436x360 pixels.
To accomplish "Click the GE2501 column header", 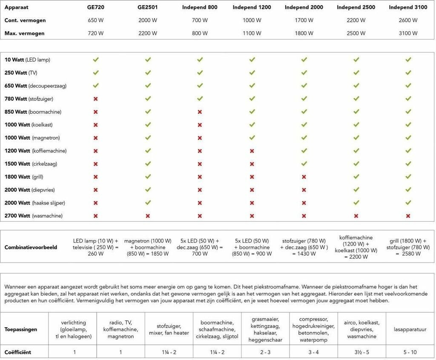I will click(148, 7).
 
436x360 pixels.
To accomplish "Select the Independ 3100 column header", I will click(408, 7).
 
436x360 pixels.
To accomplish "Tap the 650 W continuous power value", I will click(96, 20).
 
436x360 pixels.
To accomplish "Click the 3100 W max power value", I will click(408, 33).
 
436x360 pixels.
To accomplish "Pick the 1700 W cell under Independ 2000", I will click(304, 20).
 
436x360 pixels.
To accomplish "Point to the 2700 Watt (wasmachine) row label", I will click(34, 216).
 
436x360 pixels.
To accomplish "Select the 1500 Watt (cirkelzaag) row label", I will click(31, 164).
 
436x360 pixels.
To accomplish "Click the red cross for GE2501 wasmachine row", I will click(148, 216).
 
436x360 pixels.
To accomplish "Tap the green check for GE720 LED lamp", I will click(96, 60).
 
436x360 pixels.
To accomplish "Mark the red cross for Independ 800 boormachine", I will click(200, 112).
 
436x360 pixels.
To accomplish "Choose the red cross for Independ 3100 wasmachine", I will click(408, 216).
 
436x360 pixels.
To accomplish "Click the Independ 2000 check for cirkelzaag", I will click(304, 164).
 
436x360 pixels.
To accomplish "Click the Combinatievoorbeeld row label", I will click(31, 247).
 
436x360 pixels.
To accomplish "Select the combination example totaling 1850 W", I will click(148, 247).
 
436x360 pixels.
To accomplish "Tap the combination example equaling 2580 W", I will click(408, 247).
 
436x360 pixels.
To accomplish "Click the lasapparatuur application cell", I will click(411, 329).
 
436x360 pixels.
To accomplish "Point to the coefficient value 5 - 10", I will click(411, 352).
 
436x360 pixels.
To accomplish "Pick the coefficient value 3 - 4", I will click(313, 352).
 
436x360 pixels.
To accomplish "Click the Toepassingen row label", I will click(21, 329).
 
